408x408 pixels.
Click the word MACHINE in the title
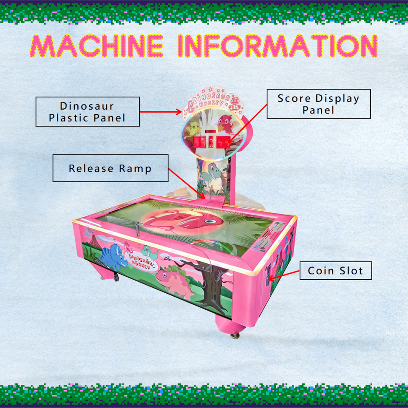point(96,45)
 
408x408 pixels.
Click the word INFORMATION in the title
point(277,45)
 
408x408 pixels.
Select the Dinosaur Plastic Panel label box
point(88,112)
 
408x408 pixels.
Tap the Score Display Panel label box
point(318,104)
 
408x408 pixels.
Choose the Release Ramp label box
point(110,168)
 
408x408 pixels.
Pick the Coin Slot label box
point(335,271)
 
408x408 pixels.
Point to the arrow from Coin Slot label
point(284,275)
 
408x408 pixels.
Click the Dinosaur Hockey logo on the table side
point(140,259)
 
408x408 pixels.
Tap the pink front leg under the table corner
point(230,325)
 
